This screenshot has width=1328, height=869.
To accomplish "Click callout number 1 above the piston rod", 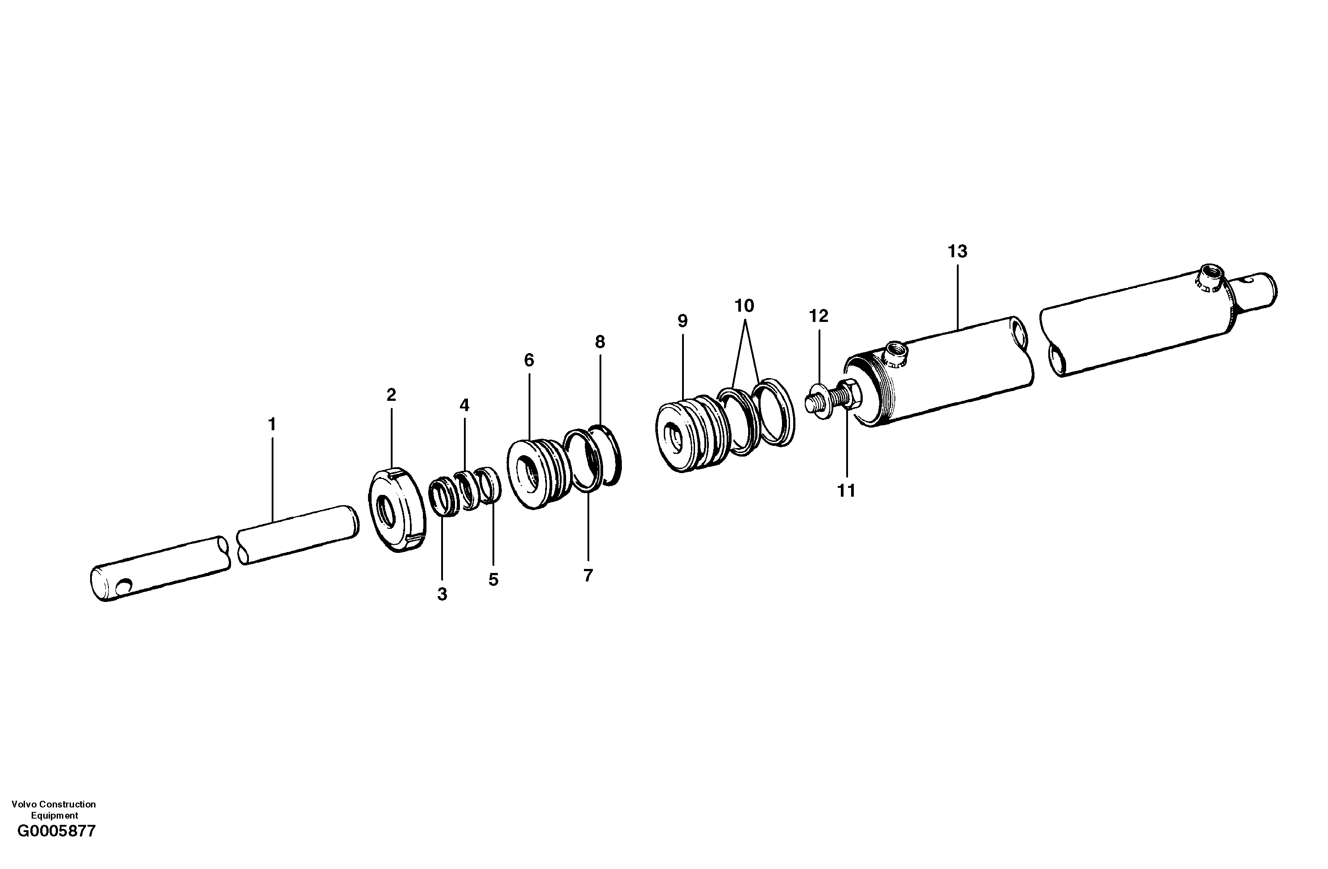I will coord(272,425).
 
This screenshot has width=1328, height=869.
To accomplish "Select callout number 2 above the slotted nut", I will coord(391,395).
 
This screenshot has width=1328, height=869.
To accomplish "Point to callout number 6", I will coord(529,360).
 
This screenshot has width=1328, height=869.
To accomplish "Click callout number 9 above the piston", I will coord(683,321).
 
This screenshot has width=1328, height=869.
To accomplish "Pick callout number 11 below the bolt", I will coord(846,491).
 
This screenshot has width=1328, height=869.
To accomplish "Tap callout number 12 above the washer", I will coord(819,316).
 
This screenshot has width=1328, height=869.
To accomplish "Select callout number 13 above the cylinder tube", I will coord(957,251).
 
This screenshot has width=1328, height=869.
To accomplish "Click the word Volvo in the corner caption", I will coord(23,804).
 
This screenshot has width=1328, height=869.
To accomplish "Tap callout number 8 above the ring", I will coord(600,342).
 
